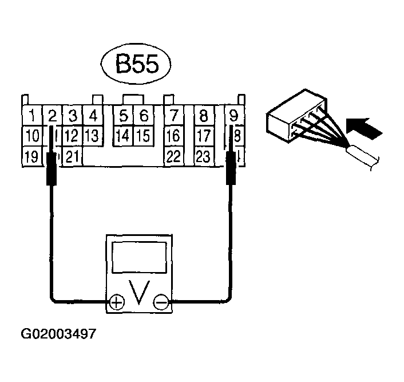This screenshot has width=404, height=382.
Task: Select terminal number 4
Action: click(x=92, y=116)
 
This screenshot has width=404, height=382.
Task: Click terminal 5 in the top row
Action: click(x=123, y=116)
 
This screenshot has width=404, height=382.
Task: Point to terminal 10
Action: click(x=33, y=136)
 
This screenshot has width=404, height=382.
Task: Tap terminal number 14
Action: click(x=123, y=136)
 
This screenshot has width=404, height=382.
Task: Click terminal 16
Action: click(x=173, y=136)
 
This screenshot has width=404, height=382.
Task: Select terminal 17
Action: click(x=203, y=136)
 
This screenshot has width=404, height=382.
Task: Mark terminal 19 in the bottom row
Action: click(x=33, y=156)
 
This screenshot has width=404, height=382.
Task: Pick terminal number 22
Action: click(x=173, y=156)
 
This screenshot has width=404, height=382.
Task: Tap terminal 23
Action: click(x=203, y=156)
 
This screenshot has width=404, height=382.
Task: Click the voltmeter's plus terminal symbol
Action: click(x=117, y=302)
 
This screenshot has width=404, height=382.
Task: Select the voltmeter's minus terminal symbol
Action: click(x=161, y=302)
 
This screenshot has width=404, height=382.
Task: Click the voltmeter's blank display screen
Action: click(x=138, y=257)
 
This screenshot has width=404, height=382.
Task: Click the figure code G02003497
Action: click(x=58, y=333)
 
